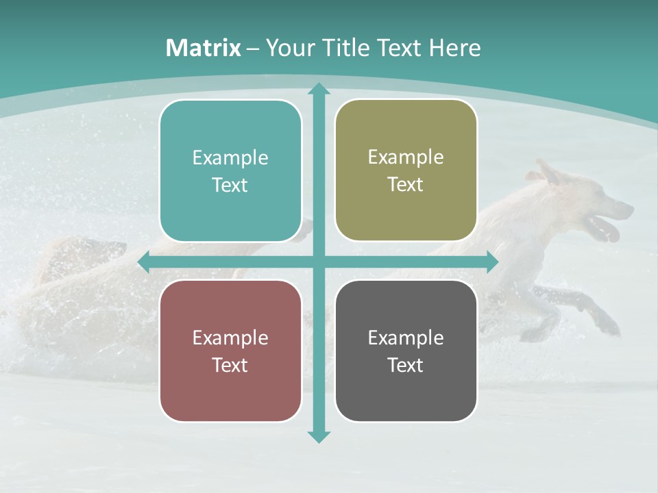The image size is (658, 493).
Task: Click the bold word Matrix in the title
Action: tap(204, 48)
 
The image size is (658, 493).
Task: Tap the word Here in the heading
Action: tap(455, 48)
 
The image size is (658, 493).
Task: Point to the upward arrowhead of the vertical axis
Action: tap(319, 89)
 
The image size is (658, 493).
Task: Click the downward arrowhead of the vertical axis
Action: tap(319, 436)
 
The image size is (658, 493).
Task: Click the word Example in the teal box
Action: tap(230, 158)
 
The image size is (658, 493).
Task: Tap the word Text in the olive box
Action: tap(406, 185)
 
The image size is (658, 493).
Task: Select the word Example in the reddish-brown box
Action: tap(230, 338)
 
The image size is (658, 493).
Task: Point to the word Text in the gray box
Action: tap(406, 365)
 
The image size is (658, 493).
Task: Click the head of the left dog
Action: tap(103, 253)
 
